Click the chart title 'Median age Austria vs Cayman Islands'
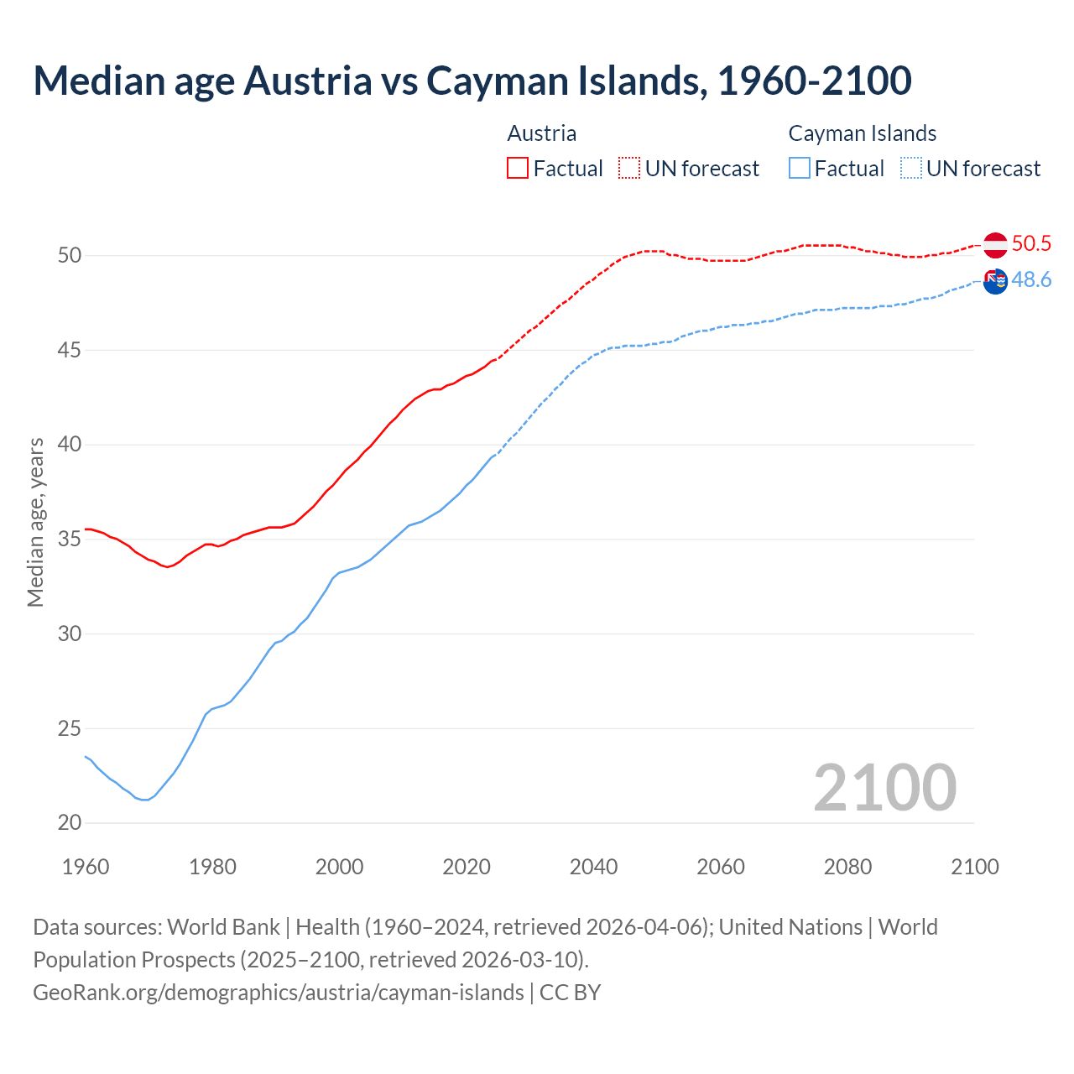pyautogui.click(x=472, y=81)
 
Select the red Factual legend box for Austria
pyautogui.click(x=518, y=169)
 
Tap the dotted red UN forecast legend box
pyautogui.click(x=629, y=169)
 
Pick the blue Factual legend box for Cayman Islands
pyautogui.click(x=800, y=169)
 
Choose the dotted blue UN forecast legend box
pyautogui.click(x=911, y=169)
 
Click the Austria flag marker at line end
pyautogui.click(x=995, y=245)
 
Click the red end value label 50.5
pyautogui.click(x=1031, y=244)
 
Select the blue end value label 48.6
pyautogui.click(x=1031, y=280)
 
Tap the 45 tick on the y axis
pyautogui.click(x=70, y=350)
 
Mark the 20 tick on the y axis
pyautogui.click(x=70, y=823)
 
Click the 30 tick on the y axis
pyautogui.click(x=70, y=633)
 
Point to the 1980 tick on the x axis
pyautogui.click(x=212, y=867)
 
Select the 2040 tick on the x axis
pyautogui.click(x=593, y=867)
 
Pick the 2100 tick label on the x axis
pyautogui.click(x=974, y=867)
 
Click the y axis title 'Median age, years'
pyautogui.click(x=35, y=522)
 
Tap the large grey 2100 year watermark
pyautogui.click(x=884, y=787)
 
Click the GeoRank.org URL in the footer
pyautogui.click(x=278, y=993)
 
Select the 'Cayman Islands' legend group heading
pyautogui.click(x=862, y=133)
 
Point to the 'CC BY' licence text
pyautogui.click(x=571, y=993)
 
